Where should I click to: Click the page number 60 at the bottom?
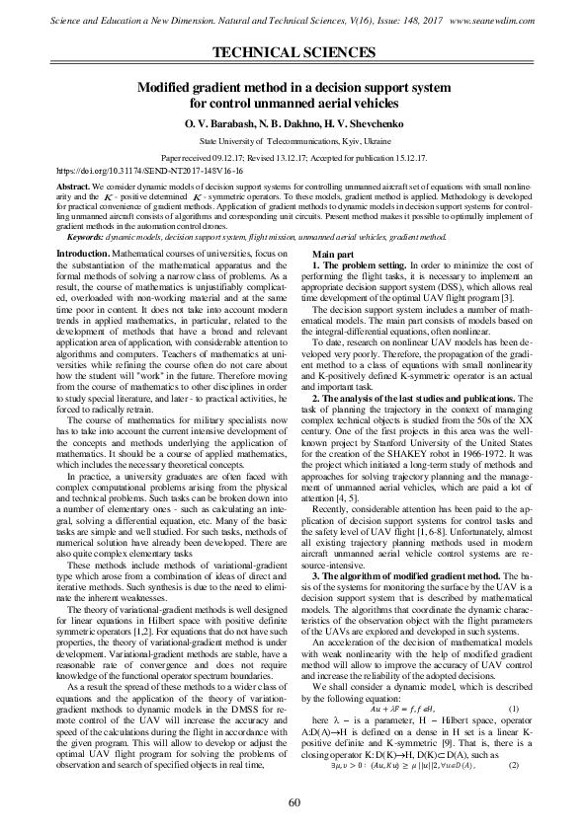point(294,801)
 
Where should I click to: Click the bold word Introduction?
point(82,255)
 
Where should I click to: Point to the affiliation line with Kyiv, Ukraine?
point(294,142)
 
